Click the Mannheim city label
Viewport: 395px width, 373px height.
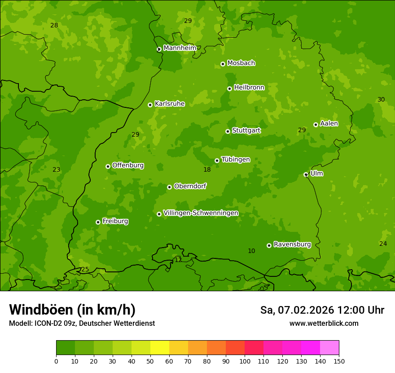tap(180, 48)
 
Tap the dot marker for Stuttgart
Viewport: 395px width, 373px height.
tap(228, 131)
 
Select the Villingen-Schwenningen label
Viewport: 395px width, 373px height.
tap(201, 213)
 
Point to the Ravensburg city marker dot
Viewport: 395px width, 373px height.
tap(269, 245)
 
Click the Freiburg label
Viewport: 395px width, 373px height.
tap(115, 221)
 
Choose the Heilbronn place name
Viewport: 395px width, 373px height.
tap(249, 88)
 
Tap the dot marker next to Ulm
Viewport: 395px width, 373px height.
tap(306, 174)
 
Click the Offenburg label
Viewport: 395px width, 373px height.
tap(128, 165)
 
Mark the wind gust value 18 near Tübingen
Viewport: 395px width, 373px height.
tap(207, 170)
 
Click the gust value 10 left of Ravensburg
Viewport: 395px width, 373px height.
tap(251, 251)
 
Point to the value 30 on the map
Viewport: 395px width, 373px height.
tap(381, 99)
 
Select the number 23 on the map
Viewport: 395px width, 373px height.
tap(56, 170)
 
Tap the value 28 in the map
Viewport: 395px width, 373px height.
tap(54, 25)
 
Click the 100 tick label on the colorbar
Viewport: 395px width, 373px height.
tap(245, 361)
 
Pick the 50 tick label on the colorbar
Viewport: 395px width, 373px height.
tap(150, 361)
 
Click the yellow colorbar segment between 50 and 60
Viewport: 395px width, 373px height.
tap(160, 348)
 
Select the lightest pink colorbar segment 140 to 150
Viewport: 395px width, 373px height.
tap(329, 348)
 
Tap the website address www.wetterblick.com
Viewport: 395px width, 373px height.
tap(324, 324)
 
